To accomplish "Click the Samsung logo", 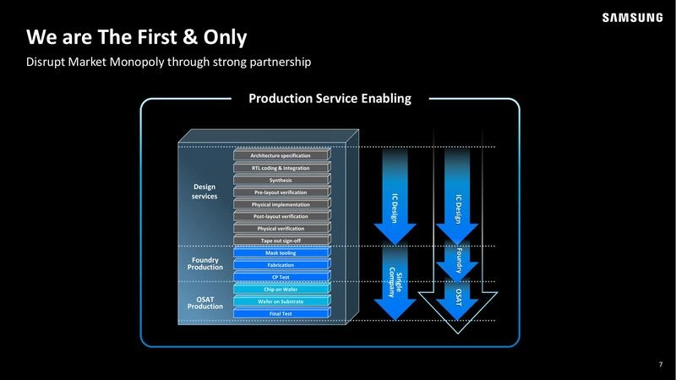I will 632,18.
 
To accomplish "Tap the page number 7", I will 660,364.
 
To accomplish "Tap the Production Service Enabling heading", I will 330,99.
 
